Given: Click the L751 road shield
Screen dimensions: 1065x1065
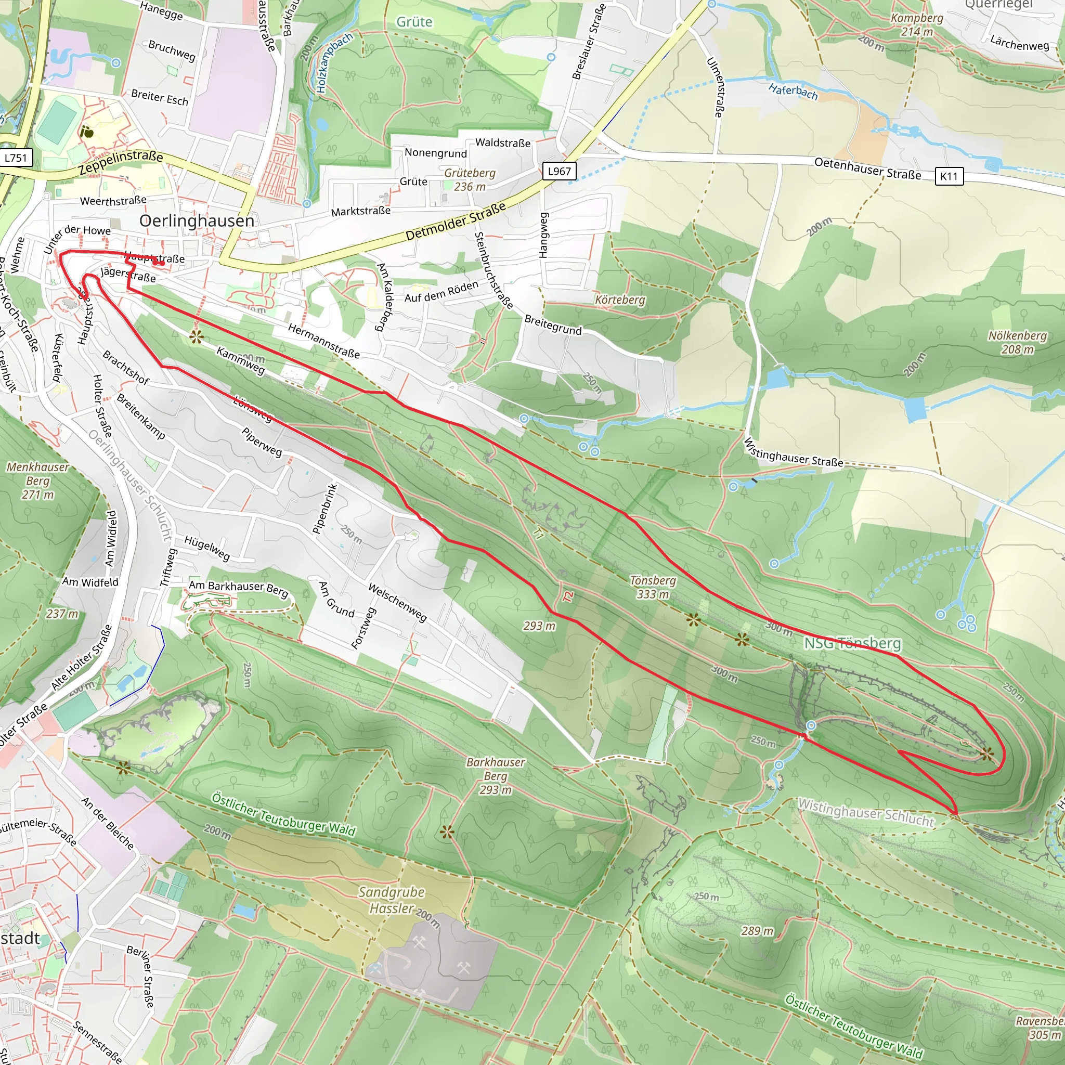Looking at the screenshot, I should click(16, 158).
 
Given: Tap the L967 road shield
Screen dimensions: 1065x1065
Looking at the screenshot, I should click(559, 172).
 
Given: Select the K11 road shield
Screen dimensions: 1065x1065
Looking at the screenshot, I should click(949, 176).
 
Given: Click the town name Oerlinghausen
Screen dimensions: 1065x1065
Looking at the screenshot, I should click(197, 221).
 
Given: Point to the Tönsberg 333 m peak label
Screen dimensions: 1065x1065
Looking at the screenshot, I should click(653, 587).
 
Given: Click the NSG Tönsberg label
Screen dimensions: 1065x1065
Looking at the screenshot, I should click(852, 643).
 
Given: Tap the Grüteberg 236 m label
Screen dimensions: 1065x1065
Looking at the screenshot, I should click(470, 180).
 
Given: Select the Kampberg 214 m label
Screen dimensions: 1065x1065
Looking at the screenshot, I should click(917, 25).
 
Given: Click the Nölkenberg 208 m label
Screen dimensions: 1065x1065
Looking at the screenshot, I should click(1017, 342).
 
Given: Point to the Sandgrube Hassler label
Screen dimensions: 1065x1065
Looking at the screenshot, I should click(393, 900).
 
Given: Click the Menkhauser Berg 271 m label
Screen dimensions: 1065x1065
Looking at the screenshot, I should click(38, 480).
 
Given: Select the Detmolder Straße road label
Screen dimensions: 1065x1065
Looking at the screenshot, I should click(456, 221).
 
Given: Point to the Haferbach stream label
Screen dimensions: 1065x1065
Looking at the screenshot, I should click(793, 90).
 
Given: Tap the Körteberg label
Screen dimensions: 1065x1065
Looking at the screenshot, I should click(619, 300).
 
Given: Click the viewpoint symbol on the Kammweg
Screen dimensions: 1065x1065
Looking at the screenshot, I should click(196, 337).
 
